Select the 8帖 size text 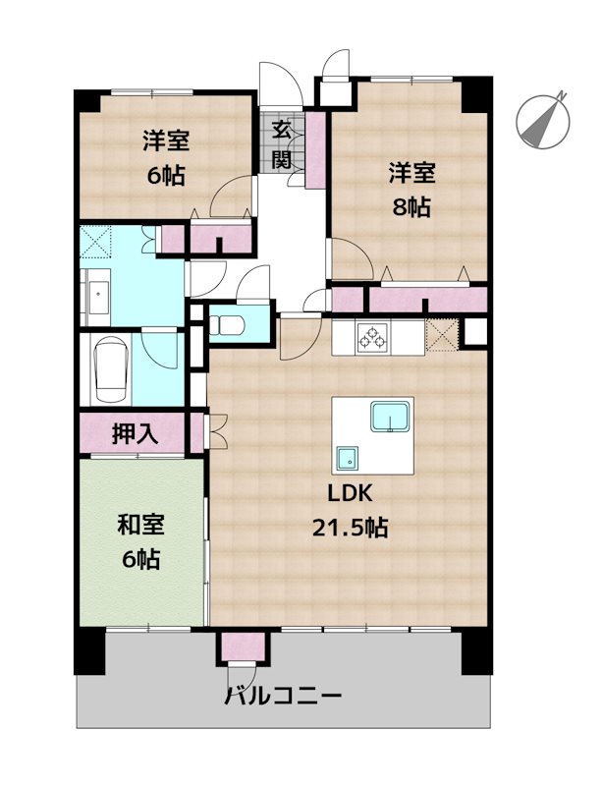(x=411, y=207)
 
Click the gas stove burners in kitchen (x=373, y=339)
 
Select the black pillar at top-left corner (x=86, y=101)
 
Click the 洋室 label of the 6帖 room (x=165, y=140)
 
